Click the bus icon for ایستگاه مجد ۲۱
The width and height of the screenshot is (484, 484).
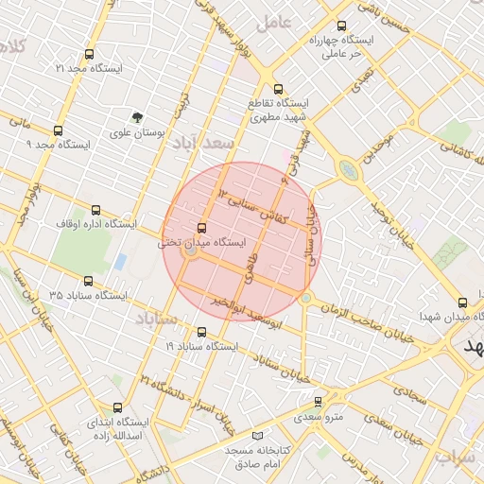click(90, 55)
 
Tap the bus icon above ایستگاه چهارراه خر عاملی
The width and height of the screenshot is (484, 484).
click(341, 26)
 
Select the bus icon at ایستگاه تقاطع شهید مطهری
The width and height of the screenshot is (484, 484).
click(277, 89)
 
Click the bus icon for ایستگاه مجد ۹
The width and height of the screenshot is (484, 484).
click(59, 131)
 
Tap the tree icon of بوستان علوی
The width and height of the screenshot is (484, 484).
click(139, 118)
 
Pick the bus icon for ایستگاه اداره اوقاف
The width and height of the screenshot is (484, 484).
click(95, 211)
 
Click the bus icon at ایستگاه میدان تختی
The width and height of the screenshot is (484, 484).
click(201, 228)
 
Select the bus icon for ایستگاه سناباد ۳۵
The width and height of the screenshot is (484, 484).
click(89, 281)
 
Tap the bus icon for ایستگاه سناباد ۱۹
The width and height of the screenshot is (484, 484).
click(201, 332)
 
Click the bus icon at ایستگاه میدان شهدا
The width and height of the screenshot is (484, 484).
click(462, 303)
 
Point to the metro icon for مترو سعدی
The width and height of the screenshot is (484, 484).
click(318, 401)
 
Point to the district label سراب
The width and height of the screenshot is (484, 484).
click(458, 456)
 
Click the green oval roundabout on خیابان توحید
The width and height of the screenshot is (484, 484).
click(349, 171)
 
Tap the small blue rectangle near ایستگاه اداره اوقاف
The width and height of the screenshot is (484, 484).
click(120, 261)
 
